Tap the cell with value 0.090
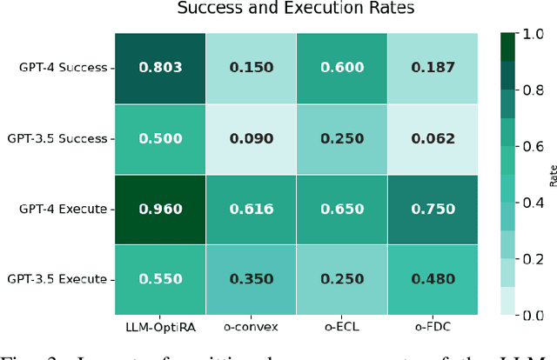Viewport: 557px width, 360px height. click(x=250, y=138)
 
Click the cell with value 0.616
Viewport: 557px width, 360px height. click(x=250, y=209)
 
